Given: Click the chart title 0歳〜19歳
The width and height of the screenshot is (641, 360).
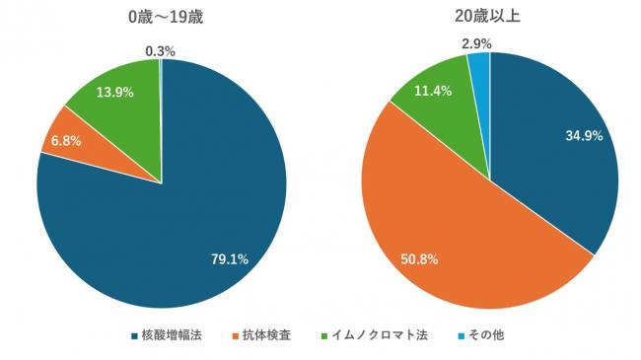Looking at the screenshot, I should (x=162, y=18).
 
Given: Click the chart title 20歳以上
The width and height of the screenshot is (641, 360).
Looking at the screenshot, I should (x=489, y=18).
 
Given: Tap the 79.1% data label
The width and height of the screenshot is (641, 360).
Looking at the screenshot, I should (x=230, y=259).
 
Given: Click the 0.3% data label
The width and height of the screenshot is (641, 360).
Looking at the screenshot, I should (x=161, y=50).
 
